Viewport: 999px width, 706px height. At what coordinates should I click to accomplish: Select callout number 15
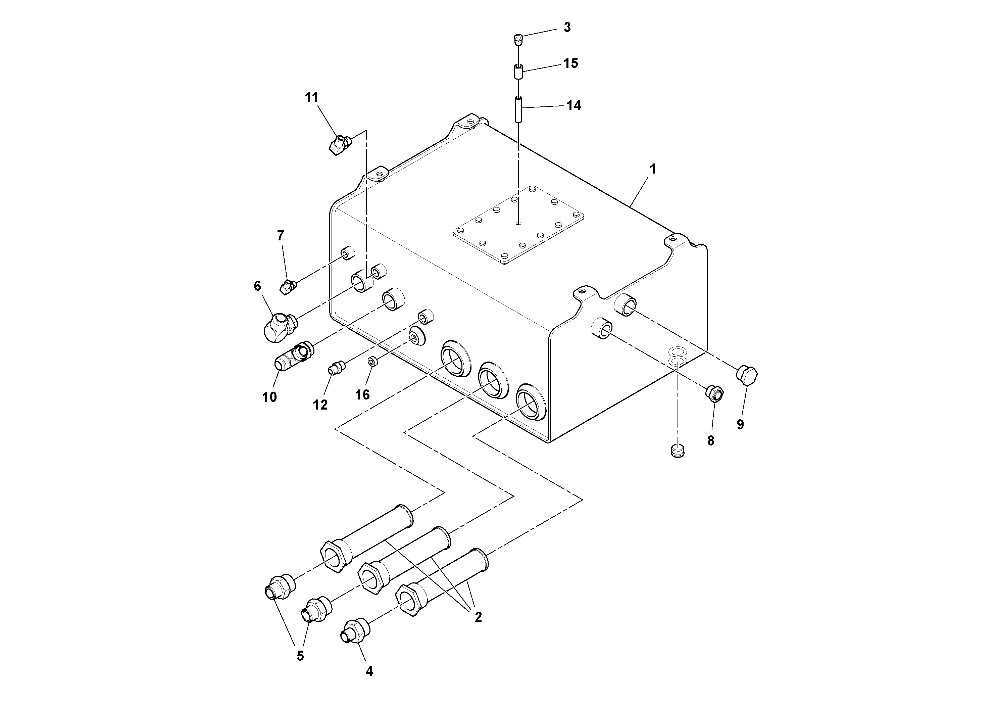570,63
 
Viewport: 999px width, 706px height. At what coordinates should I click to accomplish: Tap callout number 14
573,106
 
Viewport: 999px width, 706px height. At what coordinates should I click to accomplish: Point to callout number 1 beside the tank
652,169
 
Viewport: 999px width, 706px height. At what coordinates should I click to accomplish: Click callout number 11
311,97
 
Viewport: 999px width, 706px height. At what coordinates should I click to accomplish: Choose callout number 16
362,395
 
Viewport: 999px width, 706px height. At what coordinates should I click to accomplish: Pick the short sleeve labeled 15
518,72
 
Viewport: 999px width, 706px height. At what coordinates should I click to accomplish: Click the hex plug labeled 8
714,393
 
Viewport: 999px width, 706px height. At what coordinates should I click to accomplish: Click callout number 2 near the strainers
478,617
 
